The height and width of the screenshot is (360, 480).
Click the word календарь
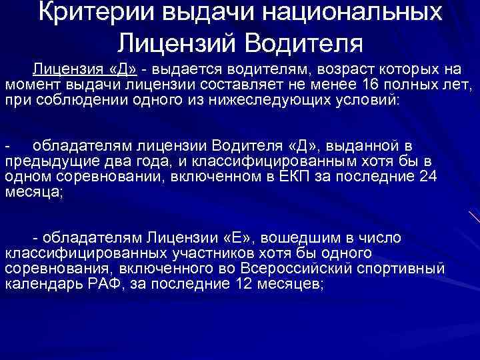pyautogui.click(x=36, y=283)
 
